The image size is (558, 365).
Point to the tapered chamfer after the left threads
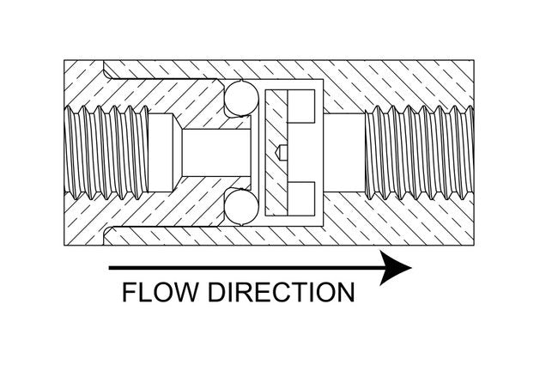click(x=168, y=153)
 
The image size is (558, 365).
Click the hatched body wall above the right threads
click(x=412, y=82)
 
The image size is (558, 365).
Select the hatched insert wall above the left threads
click(x=129, y=90)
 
